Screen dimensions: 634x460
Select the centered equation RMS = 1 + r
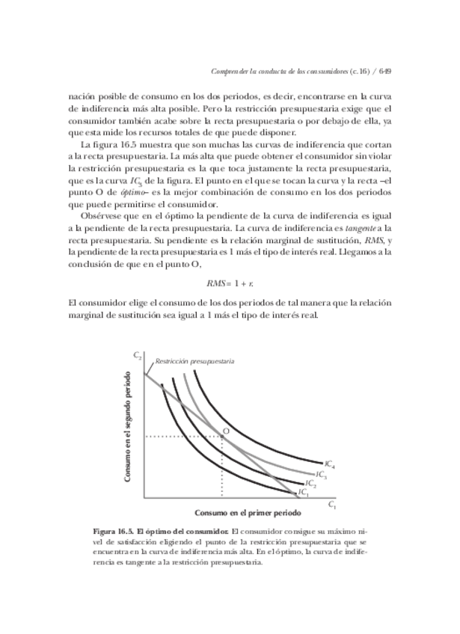(230, 283)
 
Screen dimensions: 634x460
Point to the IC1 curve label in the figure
(303, 492)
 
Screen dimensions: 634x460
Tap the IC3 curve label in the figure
(321, 474)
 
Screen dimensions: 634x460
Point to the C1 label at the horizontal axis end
(332, 505)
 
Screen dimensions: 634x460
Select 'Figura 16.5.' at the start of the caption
(114, 531)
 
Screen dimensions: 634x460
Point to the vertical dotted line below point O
(221, 467)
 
